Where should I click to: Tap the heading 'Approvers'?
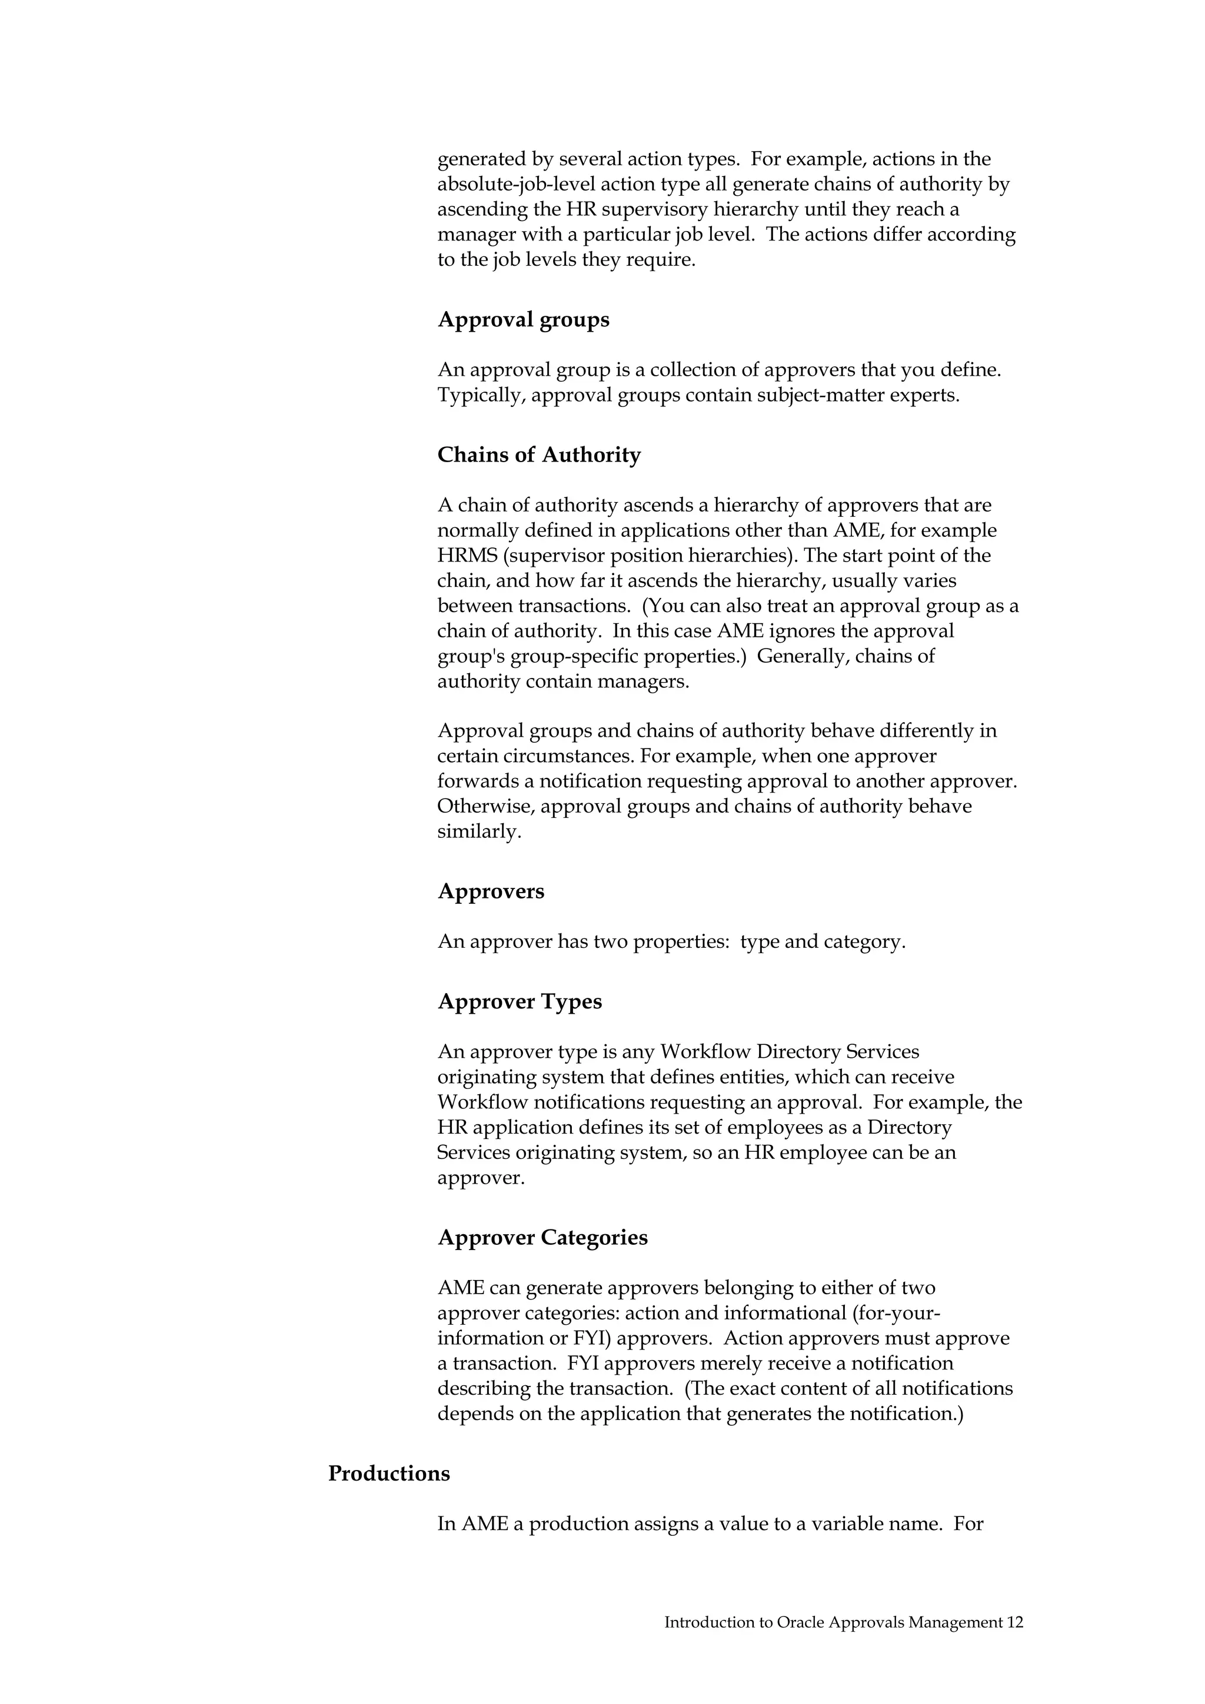click(490, 891)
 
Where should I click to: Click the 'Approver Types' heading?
click(519, 1001)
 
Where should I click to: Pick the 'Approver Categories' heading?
click(542, 1237)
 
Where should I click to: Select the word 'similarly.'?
click(479, 831)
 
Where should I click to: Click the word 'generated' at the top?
click(482, 159)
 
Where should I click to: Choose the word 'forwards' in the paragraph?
click(485, 781)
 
